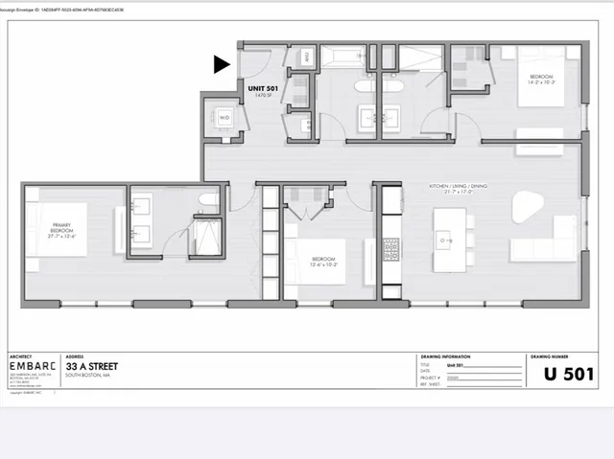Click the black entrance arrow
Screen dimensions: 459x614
coord(222,64)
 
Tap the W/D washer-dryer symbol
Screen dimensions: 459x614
coord(224,119)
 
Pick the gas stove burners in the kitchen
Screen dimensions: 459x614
coord(391,249)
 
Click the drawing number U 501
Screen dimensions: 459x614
coord(569,373)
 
